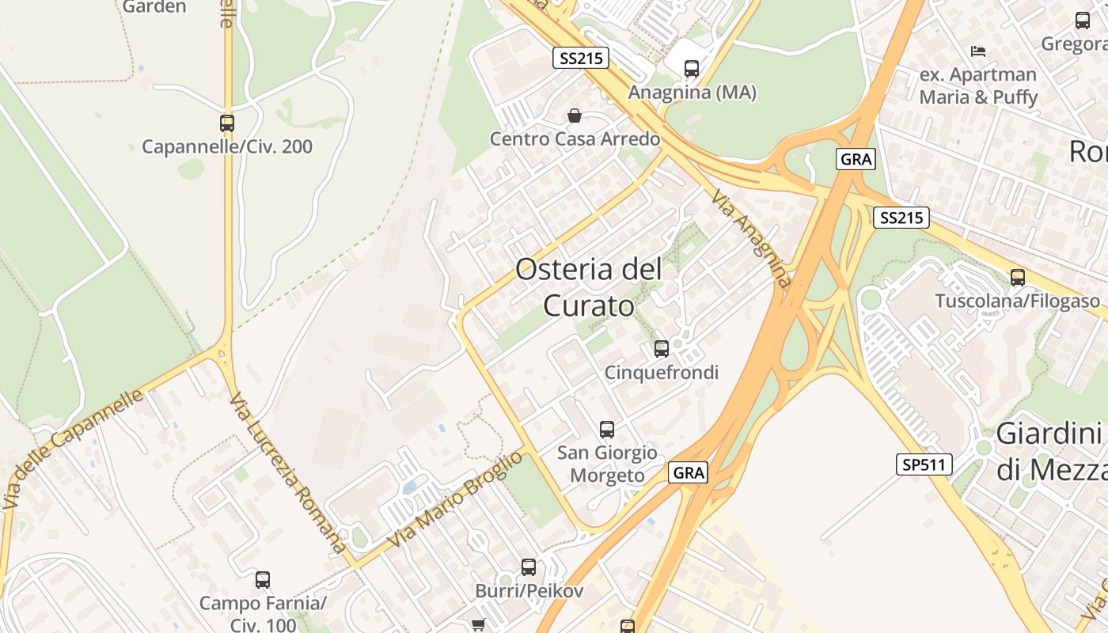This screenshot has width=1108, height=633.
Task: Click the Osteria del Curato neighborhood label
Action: pyautogui.click(x=589, y=286)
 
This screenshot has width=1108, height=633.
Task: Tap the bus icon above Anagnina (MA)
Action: pyautogui.click(x=692, y=69)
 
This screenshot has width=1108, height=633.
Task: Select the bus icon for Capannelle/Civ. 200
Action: pyautogui.click(x=227, y=123)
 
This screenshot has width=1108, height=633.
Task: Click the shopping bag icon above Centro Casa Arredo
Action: pyautogui.click(x=575, y=116)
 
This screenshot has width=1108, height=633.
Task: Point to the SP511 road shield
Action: pyautogui.click(x=924, y=464)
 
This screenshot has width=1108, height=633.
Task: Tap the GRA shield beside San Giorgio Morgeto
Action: pyautogui.click(x=688, y=473)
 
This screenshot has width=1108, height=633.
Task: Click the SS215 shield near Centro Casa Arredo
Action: pyautogui.click(x=580, y=58)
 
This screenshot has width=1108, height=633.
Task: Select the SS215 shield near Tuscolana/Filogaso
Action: pyautogui.click(x=901, y=218)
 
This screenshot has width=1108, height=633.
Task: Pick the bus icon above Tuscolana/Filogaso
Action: pyautogui.click(x=1018, y=278)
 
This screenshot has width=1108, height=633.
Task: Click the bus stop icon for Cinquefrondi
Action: pyautogui.click(x=662, y=348)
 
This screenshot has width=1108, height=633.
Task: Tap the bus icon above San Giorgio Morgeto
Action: pyautogui.click(x=607, y=430)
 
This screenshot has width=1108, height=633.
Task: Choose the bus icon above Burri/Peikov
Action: pyautogui.click(x=529, y=567)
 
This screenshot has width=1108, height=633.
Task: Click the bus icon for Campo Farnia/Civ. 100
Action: pyautogui.click(x=263, y=580)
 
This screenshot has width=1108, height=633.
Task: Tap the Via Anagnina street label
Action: pyautogui.click(x=750, y=237)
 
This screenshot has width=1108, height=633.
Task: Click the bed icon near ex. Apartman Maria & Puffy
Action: pyautogui.click(x=978, y=51)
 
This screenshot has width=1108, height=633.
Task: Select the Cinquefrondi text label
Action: pyautogui.click(x=662, y=373)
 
